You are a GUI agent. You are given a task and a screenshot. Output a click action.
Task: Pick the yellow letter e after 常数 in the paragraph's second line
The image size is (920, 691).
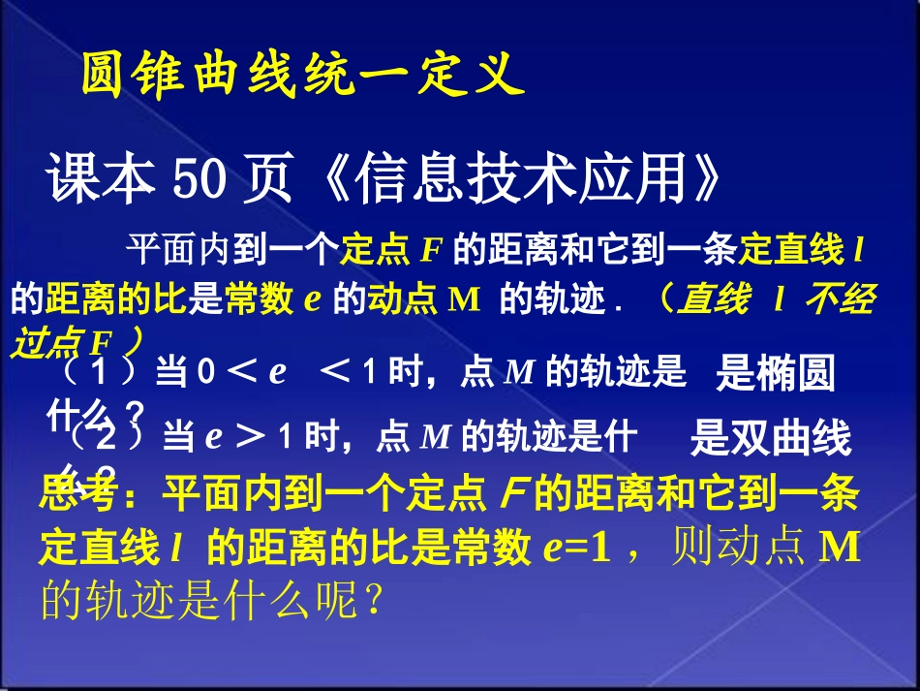coord(312,299)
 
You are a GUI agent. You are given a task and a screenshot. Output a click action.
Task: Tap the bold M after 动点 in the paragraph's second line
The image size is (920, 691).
coord(465,299)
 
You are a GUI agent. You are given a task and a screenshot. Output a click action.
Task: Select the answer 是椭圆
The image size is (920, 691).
coord(775,374)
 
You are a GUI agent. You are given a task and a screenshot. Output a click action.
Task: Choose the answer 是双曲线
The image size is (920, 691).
coord(770,439)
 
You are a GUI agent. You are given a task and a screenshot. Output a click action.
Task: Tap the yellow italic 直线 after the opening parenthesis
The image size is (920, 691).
coord(714,299)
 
